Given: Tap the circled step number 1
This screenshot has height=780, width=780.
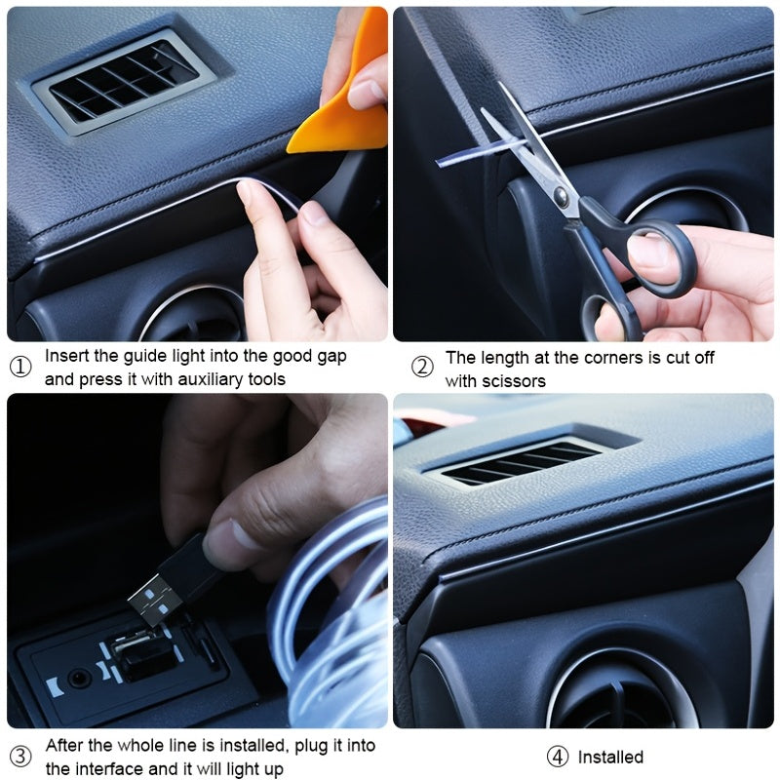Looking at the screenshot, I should (20, 368).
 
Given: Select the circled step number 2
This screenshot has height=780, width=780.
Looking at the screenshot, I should (422, 368).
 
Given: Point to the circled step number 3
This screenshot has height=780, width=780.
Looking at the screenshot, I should (20, 756).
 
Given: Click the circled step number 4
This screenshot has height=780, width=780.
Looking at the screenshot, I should (556, 757).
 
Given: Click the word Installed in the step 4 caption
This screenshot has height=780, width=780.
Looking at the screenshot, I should (610, 757).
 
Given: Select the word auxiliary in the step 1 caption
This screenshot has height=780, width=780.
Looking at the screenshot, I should (194, 378).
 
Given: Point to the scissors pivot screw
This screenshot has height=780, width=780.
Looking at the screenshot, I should (562, 197).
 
